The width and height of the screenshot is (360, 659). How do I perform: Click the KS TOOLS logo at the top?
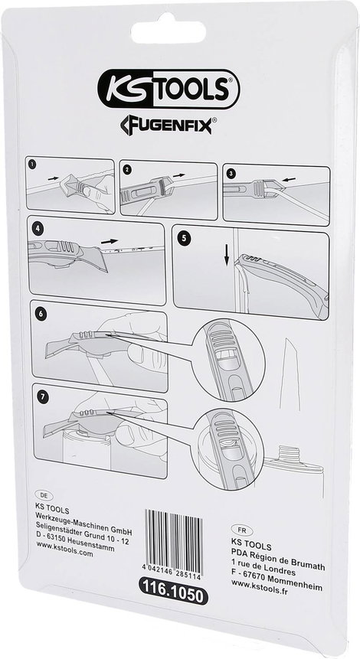pyautogui.click(x=169, y=88)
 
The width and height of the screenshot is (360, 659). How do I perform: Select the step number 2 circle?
pyautogui.click(x=127, y=170)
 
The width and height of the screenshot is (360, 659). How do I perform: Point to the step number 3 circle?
pyautogui.click(x=231, y=173)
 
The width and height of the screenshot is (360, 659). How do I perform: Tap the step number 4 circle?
pyautogui.click(x=38, y=230)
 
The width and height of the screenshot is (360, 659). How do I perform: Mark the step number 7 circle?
pyautogui.click(x=41, y=396)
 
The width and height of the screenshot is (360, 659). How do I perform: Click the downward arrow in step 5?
pyautogui.click(x=227, y=256)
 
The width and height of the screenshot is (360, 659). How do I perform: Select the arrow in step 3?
pyautogui.click(x=289, y=179)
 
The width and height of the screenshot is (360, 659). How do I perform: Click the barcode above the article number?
pyautogui.click(x=174, y=540)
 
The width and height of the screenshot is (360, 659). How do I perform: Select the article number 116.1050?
pyautogui.click(x=174, y=595)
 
